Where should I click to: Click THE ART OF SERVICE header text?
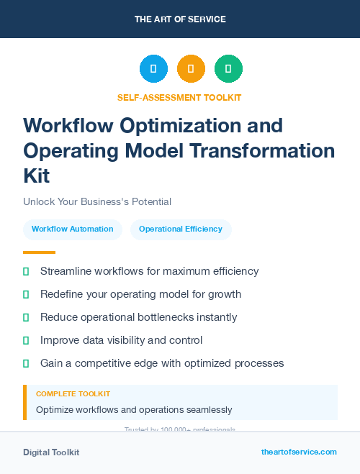[x=180, y=19]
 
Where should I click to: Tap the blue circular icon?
[x=153, y=69]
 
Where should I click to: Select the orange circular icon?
[x=191, y=69]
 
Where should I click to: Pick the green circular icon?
[x=228, y=69]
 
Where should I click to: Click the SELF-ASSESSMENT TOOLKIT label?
[x=179, y=97]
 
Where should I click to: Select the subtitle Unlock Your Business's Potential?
[x=97, y=202]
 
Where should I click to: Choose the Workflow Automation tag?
[x=73, y=229]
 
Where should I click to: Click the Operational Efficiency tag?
[x=181, y=229]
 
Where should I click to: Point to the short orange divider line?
[x=39, y=252]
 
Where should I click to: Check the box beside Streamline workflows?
[x=27, y=271]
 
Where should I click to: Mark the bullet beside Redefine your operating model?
[x=27, y=294]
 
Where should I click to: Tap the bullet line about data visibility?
[x=121, y=340]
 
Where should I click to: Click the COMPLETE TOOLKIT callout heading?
[x=73, y=394]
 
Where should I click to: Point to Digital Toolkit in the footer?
[x=51, y=452]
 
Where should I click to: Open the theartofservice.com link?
[x=299, y=452]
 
